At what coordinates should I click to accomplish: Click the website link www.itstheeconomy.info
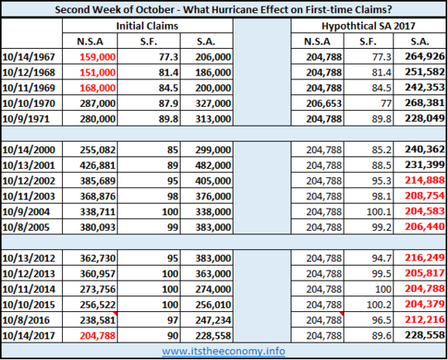[x=224, y=351]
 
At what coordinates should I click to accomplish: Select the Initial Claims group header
[x=147, y=26]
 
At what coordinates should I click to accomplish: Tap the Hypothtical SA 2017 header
[x=369, y=26]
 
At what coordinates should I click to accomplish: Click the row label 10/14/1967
[x=29, y=57]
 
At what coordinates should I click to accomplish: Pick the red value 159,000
[x=98, y=57]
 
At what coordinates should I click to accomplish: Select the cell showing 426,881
[x=98, y=166]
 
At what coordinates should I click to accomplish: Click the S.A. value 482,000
[x=213, y=166]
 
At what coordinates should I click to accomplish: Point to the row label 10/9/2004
[x=26, y=212]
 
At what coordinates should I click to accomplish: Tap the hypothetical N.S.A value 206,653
[x=324, y=103]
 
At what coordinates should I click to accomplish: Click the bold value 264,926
[x=425, y=56]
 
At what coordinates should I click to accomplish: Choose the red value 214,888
[x=425, y=180]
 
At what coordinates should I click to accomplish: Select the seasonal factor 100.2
[x=379, y=305]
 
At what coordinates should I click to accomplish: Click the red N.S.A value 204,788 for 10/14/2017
[x=98, y=335]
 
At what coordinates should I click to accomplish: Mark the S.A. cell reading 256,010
[x=213, y=305]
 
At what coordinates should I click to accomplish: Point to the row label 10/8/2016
[x=26, y=320]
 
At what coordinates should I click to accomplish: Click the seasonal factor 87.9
[x=169, y=103]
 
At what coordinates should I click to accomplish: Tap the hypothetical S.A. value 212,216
[x=425, y=319]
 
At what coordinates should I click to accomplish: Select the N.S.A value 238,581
[x=98, y=320]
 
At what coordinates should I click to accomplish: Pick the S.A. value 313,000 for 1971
[x=213, y=119]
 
